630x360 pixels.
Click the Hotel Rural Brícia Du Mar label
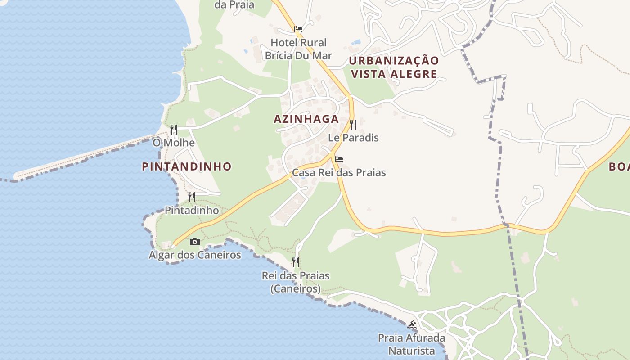pos(298,49)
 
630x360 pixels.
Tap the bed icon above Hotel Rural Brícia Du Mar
pos(298,29)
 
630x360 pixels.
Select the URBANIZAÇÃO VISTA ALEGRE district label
pos(394,67)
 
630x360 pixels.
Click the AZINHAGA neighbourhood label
pos(306,119)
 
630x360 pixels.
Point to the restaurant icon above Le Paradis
pos(353,124)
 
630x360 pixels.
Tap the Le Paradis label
pos(353,138)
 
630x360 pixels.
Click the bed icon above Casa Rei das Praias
pos(339,159)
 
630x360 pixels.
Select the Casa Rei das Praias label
pos(339,172)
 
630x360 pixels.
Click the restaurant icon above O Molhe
pos(174,130)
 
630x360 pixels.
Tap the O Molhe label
pos(174,143)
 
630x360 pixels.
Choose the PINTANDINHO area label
pos(187,166)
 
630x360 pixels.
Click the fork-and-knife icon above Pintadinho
pos(192,197)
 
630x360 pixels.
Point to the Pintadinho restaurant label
pos(192,210)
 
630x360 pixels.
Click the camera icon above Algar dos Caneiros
pos(194,242)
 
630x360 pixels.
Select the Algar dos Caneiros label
pos(195,255)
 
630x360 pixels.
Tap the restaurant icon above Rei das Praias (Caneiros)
pos(296,262)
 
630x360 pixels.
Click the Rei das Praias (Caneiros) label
pos(296,282)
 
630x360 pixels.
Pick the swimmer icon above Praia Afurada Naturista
pos(411,324)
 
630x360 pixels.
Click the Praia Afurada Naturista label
pos(411,344)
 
